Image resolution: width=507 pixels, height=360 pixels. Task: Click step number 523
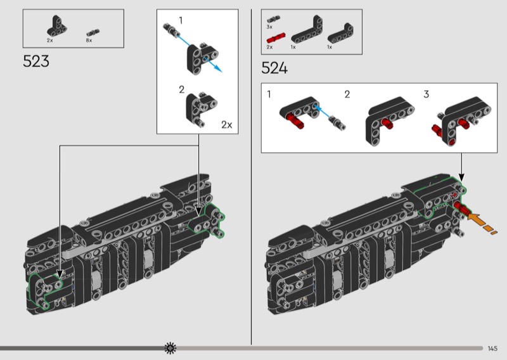36,62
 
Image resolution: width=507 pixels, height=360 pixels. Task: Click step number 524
274,68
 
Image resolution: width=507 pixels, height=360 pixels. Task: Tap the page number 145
493,348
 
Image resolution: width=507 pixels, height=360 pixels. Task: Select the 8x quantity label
89,40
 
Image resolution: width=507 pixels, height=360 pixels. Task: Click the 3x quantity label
269,28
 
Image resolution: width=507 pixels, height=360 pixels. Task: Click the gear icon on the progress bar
170,347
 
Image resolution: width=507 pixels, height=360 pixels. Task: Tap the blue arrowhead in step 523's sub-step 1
218,68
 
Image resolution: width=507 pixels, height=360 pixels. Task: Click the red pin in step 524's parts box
270,39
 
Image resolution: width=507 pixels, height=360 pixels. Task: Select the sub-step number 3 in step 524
427,94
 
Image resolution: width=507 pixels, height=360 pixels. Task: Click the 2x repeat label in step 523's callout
227,125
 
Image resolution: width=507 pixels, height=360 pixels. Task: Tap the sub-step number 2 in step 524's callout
347,94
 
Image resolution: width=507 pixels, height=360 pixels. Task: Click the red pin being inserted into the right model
462,209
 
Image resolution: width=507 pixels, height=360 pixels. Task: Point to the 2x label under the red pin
269,47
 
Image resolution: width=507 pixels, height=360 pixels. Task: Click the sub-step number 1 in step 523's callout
181,20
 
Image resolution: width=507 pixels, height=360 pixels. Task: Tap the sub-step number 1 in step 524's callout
269,94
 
